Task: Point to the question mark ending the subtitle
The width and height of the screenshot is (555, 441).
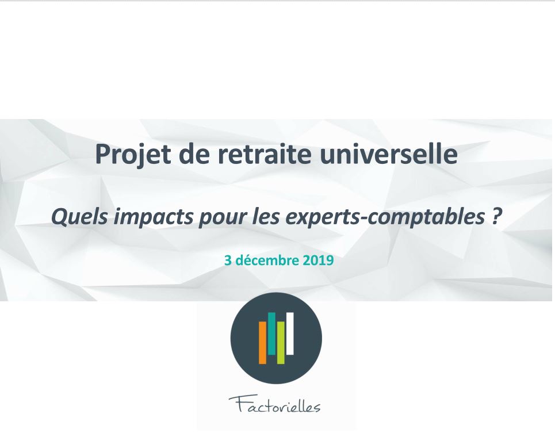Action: pos(496,216)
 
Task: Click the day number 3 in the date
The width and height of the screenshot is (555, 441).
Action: pos(228,260)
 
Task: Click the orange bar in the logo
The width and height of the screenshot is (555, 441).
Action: pos(262,343)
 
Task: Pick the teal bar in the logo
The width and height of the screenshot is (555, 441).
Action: pos(271,333)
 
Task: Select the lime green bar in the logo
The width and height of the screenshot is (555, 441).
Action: pos(281,343)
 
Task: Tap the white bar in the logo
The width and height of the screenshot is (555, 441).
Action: pos(290,333)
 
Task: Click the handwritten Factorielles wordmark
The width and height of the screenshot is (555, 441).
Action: pos(275,405)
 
